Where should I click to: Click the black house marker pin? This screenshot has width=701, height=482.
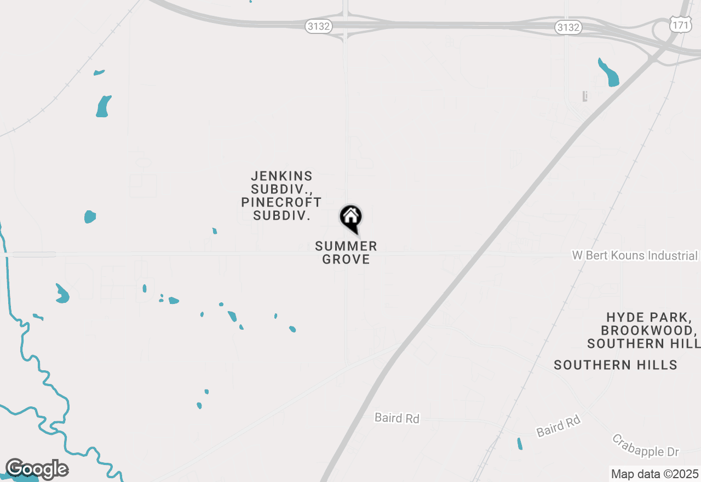point(350,217)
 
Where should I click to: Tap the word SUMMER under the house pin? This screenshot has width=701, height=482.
point(346,246)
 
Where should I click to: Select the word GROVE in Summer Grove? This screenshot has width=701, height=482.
point(346,260)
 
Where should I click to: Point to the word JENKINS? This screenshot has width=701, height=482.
point(282,176)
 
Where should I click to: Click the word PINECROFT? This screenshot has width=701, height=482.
point(281,202)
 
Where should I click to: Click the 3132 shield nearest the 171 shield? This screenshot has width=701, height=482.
point(567,27)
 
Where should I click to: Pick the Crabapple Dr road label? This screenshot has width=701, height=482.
point(646,445)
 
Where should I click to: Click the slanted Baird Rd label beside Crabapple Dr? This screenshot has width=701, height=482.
point(559,427)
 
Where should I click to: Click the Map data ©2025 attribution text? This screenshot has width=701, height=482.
point(654,474)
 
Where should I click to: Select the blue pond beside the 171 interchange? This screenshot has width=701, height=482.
point(609,73)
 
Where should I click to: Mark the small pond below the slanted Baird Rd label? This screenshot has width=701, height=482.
point(520,444)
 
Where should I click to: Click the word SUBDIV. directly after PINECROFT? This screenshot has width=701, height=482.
point(282,215)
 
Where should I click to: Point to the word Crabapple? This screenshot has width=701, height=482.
point(635,443)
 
